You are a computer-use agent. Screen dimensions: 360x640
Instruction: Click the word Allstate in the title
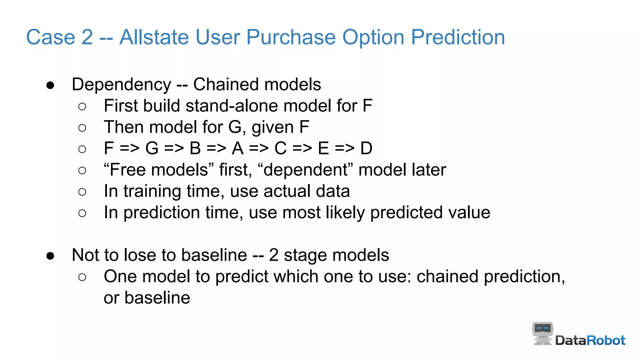(154, 37)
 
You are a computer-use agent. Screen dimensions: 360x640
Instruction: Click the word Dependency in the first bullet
(121, 85)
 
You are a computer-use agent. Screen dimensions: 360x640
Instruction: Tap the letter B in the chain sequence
(195, 148)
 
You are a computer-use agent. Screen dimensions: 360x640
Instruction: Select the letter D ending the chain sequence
(366, 148)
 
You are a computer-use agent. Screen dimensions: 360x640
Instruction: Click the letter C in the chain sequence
(280, 148)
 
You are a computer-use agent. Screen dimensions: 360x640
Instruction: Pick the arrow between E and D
(344, 148)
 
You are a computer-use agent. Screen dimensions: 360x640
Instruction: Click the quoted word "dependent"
(305, 170)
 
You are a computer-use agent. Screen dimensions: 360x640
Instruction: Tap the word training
(152, 191)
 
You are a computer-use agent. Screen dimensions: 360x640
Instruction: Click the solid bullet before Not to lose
(50, 256)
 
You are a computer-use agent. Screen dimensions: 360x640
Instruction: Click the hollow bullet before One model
(82, 277)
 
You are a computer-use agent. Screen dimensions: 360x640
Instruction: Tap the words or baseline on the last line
(147, 298)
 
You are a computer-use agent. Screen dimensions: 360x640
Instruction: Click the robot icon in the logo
(542, 333)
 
